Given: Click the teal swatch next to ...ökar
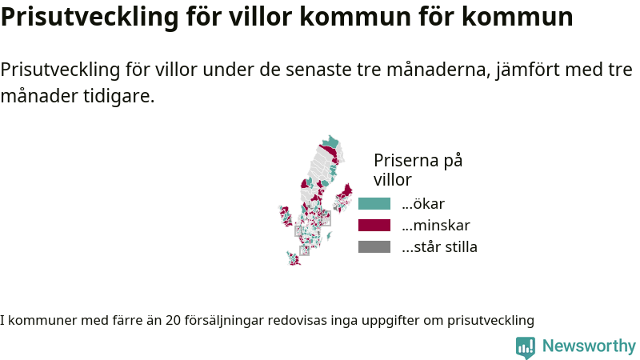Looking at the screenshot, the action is click(x=374, y=204).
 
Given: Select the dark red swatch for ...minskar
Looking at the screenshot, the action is click(x=374, y=226).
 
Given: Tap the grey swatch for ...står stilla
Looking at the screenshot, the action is click(x=374, y=247).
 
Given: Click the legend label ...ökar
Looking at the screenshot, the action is click(x=423, y=204).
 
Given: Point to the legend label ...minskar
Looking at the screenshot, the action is click(x=436, y=226).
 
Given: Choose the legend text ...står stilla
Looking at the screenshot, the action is click(x=439, y=247).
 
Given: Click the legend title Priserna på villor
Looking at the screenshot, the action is click(x=418, y=170).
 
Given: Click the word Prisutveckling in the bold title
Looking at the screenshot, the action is click(x=90, y=17).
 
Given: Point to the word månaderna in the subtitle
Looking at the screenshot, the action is click(x=438, y=70).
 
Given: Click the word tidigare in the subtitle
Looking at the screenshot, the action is click(x=118, y=96).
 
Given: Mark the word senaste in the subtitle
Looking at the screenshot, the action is click(x=318, y=70).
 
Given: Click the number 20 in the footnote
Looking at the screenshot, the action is click(x=173, y=321).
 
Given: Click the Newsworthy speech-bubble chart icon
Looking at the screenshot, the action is click(x=526, y=348).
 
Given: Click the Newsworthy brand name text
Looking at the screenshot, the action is click(x=589, y=346).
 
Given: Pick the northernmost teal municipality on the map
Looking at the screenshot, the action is click(x=330, y=142).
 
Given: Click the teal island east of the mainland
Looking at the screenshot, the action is click(x=329, y=235).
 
